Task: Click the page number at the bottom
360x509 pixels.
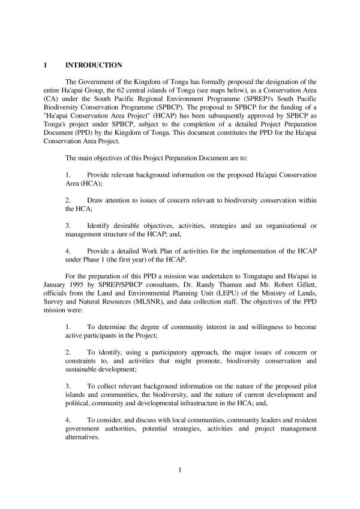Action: [x=179, y=469]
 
